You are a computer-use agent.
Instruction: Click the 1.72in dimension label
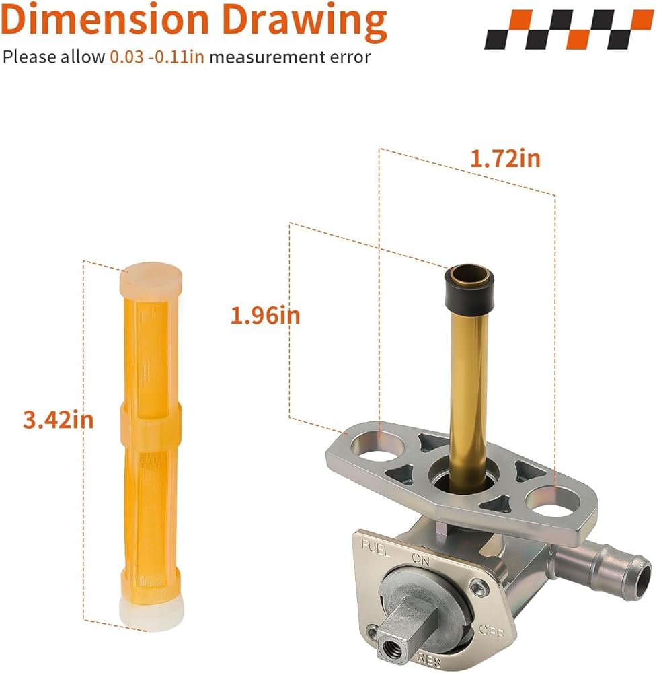point(505,158)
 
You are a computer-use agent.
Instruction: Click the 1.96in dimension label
point(266,316)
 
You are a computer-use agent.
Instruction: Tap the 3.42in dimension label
point(59,419)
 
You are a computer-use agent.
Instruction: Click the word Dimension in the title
point(105,20)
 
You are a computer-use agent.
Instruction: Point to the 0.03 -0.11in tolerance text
point(157,57)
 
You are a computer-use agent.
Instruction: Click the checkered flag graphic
point(569,29)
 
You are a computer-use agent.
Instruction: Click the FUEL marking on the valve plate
point(376,548)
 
